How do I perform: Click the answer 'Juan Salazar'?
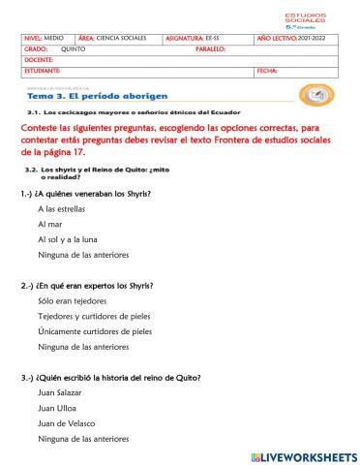(59, 392)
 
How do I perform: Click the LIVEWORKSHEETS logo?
(303, 455)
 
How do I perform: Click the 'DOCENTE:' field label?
(38, 60)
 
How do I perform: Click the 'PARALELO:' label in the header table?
(210, 48)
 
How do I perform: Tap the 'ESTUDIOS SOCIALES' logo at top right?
(306, 19)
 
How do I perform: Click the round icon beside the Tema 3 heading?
(316, 95)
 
